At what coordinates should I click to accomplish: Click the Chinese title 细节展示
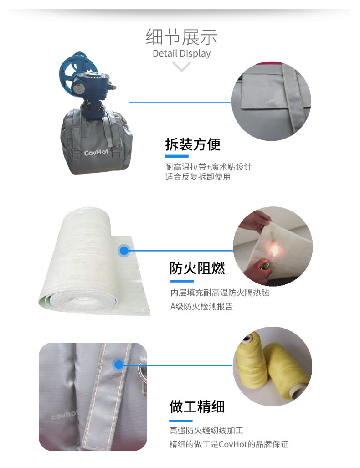[x=181, y=37]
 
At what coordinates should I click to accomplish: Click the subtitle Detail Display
[x=181, y=53]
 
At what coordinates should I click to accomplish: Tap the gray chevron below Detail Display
[x=181, y=66]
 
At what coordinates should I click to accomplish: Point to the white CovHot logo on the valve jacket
[x=97, y=153]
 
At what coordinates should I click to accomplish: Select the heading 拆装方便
[x=193, y=145]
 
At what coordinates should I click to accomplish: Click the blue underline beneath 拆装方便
[x=177, y=156]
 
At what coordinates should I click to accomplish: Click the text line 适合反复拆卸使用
[x=198, y=177]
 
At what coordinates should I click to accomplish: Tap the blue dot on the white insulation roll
[x=124, y=251]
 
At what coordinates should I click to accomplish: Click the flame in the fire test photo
[x=274, y=250]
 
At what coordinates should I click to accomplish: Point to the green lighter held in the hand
[x=264, y=265]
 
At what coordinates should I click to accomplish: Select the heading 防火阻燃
[x=197, y=268]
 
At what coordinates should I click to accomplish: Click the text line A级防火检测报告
[x=201, y=307]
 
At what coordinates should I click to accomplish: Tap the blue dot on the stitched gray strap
[x=118, y=365]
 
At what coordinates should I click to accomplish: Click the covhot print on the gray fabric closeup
[x=65, y=414]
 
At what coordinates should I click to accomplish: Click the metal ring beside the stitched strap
[x=142, y=372]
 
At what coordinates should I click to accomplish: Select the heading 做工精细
[x=197, y=407]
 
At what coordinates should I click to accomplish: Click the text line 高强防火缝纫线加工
[x=206, y=431]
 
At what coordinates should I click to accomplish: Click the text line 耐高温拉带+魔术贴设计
[x=208, y=166]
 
